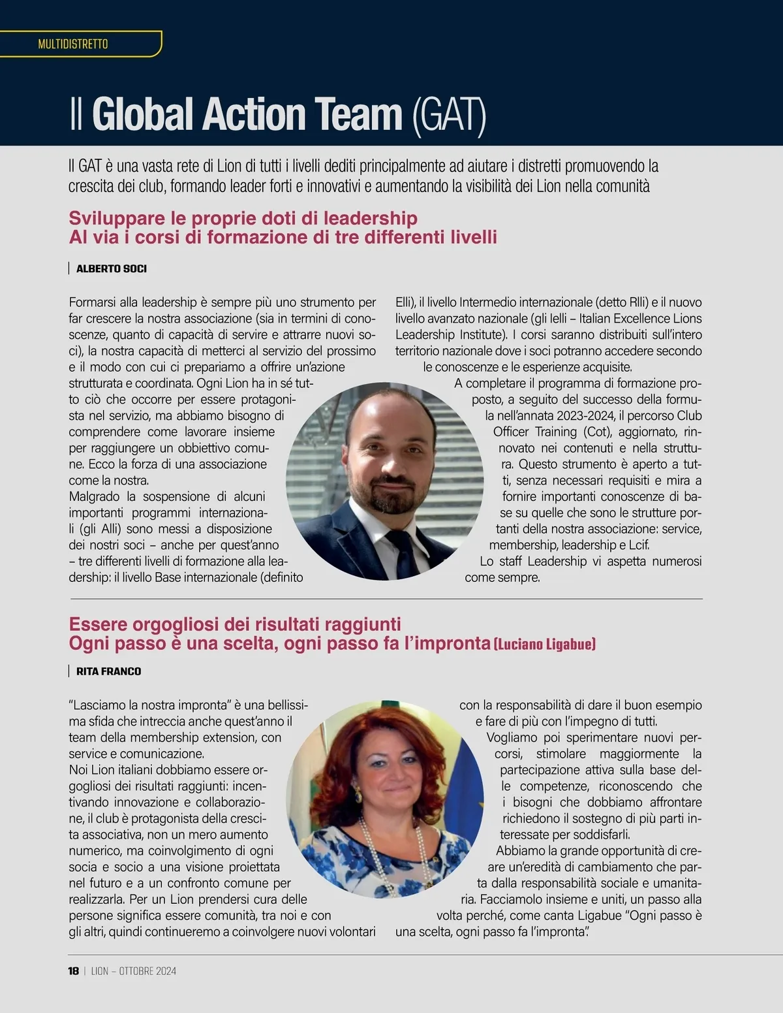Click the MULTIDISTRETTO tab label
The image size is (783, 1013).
tap(73, 44)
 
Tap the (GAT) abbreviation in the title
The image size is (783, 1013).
tap(449, 116)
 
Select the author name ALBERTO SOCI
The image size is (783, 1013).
tap(112, 268)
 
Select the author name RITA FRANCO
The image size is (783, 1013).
tap(108, 671)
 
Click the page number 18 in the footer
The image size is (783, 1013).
tap(73, 971)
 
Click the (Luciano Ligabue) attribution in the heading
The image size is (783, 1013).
tap(544, 644)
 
